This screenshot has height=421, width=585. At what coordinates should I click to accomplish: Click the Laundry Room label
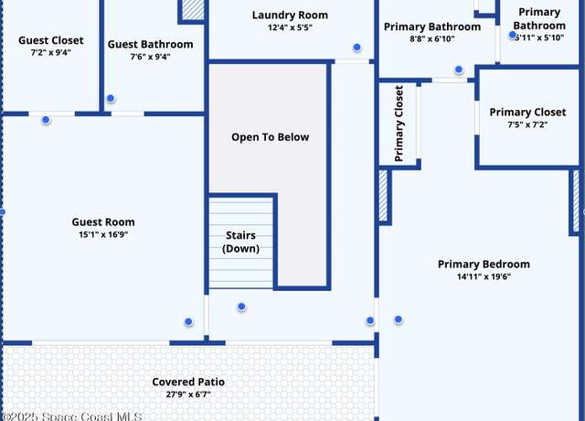(290, 15)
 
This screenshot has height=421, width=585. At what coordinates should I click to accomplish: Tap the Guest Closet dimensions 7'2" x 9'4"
(51, 52)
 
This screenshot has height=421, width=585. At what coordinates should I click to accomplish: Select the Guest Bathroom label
(150, 44)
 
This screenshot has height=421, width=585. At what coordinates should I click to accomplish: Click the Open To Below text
(271, 137)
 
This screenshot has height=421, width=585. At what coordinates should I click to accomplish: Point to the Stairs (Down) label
(240, 242)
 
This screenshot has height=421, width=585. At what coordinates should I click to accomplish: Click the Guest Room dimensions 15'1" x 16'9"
(103, 234)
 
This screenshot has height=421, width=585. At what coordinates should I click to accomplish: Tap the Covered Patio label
(188, 382)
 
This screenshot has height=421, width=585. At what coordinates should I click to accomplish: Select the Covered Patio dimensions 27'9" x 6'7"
(188, 394)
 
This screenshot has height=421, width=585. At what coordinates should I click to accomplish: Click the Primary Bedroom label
(484, 264)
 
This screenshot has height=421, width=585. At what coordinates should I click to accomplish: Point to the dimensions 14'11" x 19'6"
(484, 276)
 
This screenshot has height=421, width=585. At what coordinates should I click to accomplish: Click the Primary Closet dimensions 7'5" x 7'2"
(527, 124)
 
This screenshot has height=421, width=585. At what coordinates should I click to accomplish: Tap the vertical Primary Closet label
(399, 124)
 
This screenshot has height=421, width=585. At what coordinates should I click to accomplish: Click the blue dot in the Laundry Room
(357, 47)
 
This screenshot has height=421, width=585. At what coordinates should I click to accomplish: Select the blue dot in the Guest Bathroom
(111, 98)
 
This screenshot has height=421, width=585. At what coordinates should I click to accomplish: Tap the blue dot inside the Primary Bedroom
(399, 319)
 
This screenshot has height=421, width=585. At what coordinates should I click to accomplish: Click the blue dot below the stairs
(241, 307)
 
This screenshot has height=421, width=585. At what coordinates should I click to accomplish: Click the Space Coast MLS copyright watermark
(71, 416)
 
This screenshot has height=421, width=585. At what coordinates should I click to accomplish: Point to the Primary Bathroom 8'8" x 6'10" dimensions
(432, 38)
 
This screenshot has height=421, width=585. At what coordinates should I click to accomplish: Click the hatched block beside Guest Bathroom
(193, 10)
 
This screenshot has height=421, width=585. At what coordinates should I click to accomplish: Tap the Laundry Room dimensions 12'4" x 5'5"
(290, 27)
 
